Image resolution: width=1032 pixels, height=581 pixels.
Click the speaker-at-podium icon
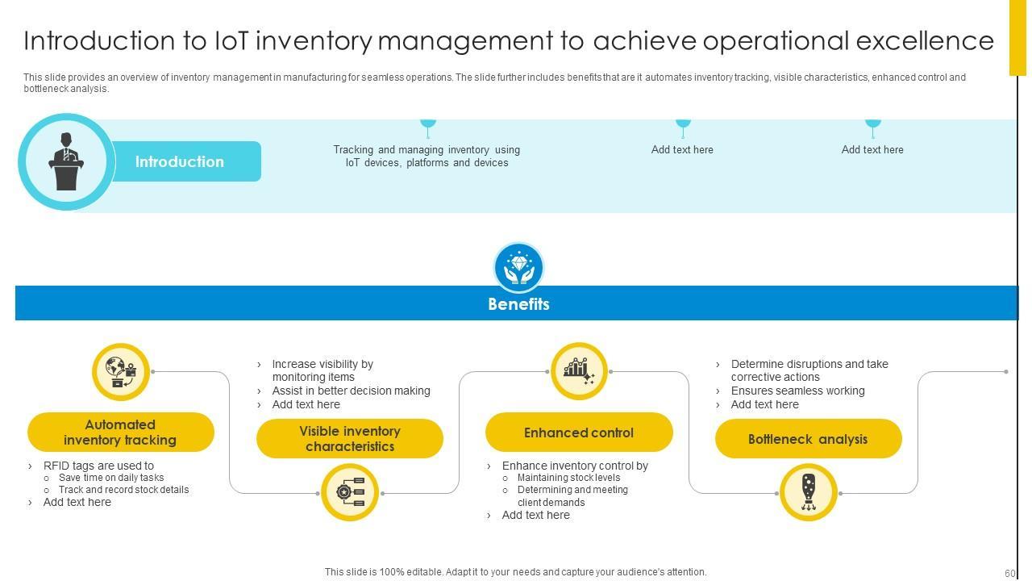66,161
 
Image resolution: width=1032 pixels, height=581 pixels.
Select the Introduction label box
180,161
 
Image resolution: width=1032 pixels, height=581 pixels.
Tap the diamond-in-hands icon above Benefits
518,267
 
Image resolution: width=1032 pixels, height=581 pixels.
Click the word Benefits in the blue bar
518,304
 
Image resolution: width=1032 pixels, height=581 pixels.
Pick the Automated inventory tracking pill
120,433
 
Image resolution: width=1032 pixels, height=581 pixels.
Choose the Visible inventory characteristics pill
350,439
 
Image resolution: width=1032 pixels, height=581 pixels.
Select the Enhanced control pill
579,433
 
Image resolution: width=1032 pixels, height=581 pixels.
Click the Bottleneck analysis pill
808,439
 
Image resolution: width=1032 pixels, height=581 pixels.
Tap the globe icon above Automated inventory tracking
121,372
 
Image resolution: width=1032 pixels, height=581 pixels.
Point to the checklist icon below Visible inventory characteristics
350,492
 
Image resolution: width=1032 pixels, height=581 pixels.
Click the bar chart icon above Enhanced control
579,371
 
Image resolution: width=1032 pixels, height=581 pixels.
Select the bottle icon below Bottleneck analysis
809,492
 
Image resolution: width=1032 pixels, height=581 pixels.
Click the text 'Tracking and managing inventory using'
427,149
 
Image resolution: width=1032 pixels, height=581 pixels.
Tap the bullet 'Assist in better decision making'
351,391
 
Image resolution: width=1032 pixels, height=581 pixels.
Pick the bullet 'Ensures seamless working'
797,391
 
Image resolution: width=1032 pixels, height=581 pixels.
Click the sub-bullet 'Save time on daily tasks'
111,478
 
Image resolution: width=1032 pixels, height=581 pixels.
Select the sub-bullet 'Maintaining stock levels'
568,478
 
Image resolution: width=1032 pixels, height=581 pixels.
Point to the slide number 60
1009,573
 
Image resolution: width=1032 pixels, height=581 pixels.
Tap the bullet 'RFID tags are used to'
98,466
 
